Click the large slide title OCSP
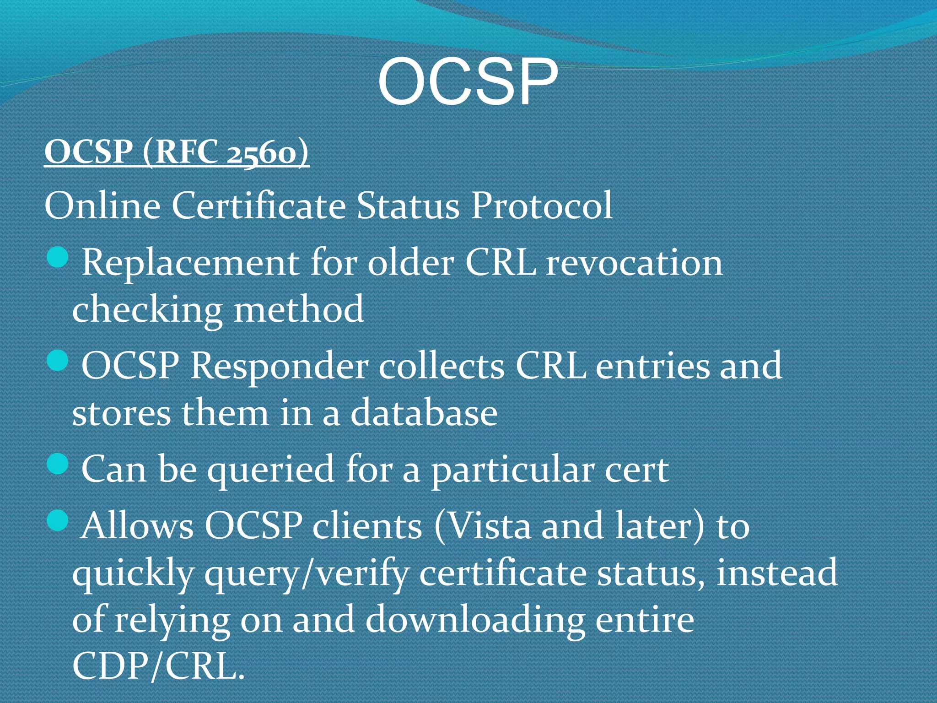click(x=468, y=82)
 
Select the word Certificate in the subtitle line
click(x=258, y=205)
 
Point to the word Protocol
click(x=542, y=205)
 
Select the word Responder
click(x=279, y=367)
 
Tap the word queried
click(x=271, y=470)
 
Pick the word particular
click(x=512, y=470)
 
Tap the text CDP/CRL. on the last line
click(x=158, y=665)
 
